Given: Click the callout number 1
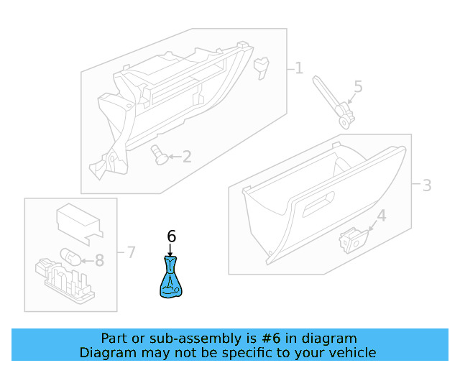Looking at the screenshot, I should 298,69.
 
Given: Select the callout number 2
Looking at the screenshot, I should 186,156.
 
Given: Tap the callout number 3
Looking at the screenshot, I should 426,185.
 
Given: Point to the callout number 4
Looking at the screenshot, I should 381,215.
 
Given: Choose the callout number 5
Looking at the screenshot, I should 358,88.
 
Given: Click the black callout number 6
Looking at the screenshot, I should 171,236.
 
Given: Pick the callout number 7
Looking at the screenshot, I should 130,252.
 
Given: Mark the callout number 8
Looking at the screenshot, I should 99,260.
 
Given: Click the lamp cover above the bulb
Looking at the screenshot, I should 77,221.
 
